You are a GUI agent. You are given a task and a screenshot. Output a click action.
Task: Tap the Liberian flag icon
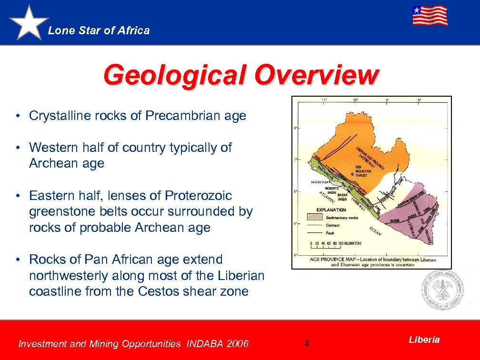coord(430,15)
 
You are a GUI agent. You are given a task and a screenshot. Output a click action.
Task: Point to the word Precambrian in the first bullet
coord(181,116)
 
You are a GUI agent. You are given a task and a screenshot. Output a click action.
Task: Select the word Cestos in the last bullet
coord(160,291)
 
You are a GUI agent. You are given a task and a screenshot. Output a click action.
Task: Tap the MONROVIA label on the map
coord(320,182)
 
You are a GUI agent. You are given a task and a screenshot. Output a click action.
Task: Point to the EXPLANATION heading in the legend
coord(331,210)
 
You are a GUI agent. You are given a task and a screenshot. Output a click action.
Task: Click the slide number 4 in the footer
coord(307,343)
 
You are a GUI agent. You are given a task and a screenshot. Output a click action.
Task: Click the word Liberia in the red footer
coord(424,340)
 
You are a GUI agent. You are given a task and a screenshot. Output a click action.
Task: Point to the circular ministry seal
coord(442,290)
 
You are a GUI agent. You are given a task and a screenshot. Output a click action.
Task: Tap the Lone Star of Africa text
coord(99,30)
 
